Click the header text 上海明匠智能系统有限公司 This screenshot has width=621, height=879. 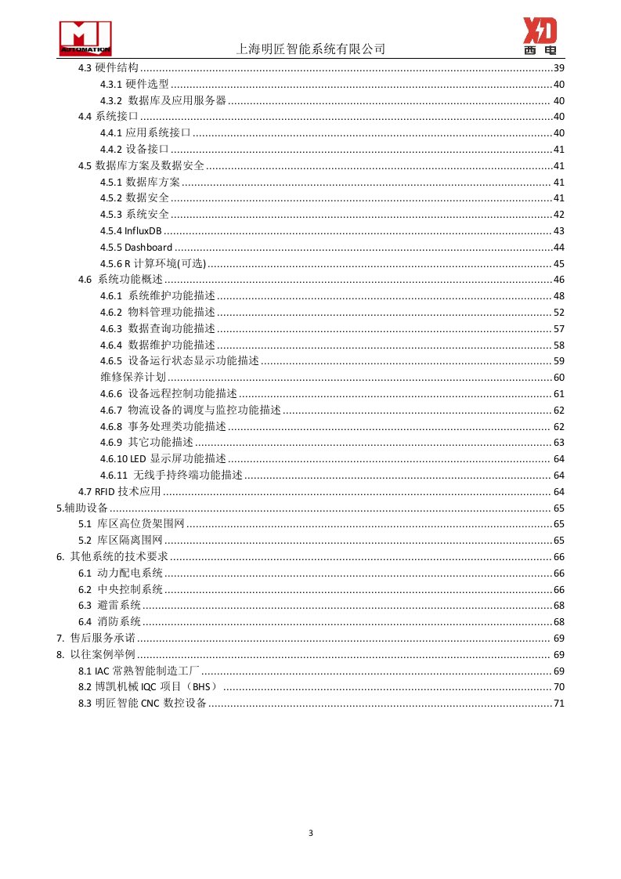tap(311, 49)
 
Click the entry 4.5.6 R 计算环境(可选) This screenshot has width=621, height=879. tap(153, 263)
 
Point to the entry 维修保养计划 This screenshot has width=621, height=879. tap(134, 378)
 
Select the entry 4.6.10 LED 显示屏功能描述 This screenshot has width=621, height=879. tap(163, 459)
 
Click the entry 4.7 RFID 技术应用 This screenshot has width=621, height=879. tap(119, 492)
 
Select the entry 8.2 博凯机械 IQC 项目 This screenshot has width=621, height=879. tap(147, 687)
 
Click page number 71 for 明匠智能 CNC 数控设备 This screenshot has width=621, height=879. tap(558, 704)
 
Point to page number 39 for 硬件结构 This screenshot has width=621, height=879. tap(558, 68)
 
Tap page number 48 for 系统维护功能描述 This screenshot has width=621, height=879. tap(558, 296)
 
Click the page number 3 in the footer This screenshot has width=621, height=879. tap(311, 833)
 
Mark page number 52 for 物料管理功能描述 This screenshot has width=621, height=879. tap(558, 313)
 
